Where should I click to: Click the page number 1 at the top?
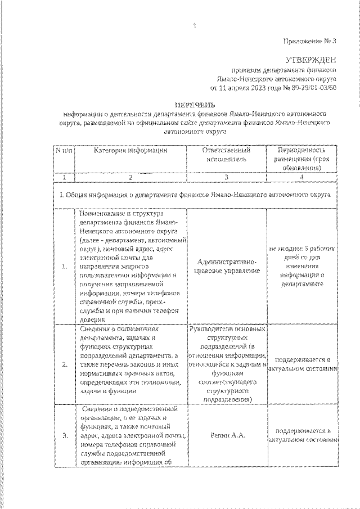pos(193,25)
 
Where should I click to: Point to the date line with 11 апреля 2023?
pos(273,88)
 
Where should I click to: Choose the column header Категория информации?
pos(130,151)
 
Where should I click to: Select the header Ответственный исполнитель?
pos(226,155)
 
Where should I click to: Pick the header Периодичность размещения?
pos(302,159)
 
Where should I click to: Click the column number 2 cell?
pos(130,177)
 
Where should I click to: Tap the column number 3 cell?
pos(226,177)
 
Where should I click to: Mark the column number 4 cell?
pos(302,177)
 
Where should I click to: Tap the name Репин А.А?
pos(226,435)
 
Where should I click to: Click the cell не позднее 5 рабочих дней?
pos(302,267)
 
